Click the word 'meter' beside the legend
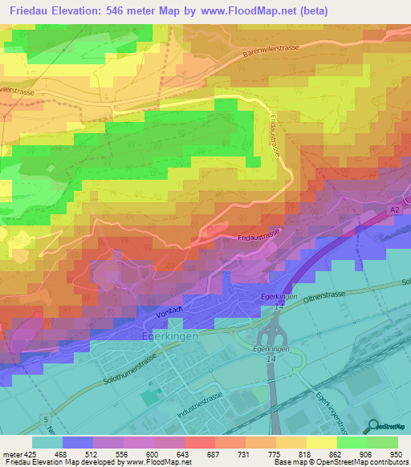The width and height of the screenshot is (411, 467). tap(13, 453)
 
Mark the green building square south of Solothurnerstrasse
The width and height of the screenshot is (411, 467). tap(149, 397)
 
